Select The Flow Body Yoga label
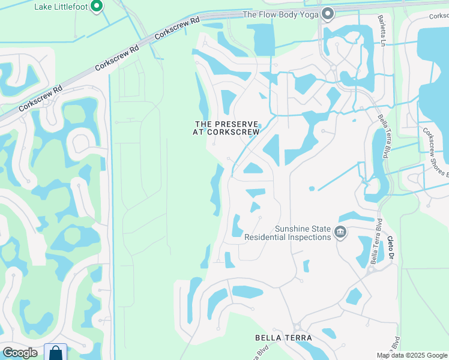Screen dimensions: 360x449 (280, 14)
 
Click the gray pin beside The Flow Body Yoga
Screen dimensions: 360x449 (328, 13)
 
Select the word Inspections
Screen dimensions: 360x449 (309, 237)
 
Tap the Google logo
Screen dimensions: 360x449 (20, 353)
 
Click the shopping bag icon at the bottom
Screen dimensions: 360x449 (56, 353)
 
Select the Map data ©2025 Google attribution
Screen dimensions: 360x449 (412, 355)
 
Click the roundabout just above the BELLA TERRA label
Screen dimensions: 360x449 (296, 326)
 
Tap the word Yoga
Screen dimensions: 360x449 (307, 14)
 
